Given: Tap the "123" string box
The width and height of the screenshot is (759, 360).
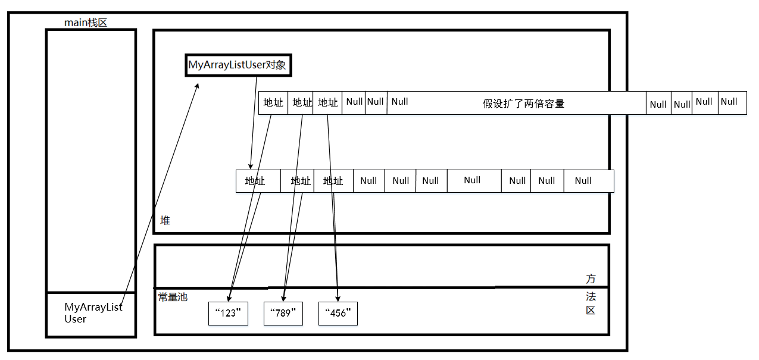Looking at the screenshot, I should click(227, 313).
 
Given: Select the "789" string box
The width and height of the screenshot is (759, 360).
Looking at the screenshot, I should click(283, 313).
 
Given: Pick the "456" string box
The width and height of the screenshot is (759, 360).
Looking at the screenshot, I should click(338, 313).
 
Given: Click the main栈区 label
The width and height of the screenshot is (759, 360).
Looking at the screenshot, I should click(85, 23).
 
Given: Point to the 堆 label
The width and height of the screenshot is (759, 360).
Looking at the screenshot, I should click(165, 220).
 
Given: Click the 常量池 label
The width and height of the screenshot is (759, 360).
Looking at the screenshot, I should click(173, 296).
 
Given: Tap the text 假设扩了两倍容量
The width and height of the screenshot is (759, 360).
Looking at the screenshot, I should click(523, 104).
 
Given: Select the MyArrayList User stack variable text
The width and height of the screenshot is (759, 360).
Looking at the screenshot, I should click(93, 313).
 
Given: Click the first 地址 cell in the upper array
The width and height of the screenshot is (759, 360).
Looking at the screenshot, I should click(273, 102).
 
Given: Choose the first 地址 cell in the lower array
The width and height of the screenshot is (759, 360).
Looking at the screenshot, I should click(255, 181).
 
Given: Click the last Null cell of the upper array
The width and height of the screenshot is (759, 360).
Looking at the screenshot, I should click(732, 102).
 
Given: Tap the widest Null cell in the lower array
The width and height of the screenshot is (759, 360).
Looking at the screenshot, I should click(473, 180).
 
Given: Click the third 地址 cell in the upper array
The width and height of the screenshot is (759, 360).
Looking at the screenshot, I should click(327, 102).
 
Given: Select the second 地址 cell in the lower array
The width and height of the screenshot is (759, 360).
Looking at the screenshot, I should click(300, 181).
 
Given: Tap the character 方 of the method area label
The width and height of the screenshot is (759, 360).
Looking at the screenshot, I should click(591, 279).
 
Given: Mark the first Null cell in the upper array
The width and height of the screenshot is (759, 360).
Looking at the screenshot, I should click(354, 102).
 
